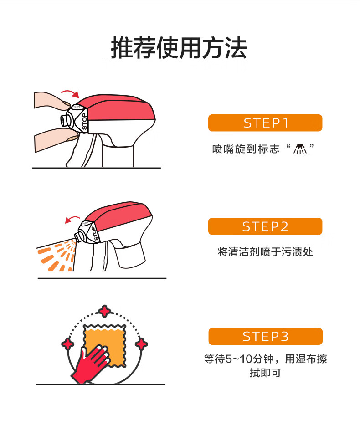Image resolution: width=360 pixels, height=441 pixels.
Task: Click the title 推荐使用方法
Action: [x=179, y=48]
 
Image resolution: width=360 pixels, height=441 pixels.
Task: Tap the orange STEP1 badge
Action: [x=265, y=123]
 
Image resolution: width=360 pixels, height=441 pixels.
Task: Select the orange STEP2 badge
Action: [x=265, y=226]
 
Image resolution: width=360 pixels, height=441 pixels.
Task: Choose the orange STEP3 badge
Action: [x=265, y=336]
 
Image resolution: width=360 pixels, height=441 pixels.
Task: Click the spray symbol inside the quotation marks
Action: [x=300, y=149]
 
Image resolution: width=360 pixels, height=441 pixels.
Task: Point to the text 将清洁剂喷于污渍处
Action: [x=265, y=252]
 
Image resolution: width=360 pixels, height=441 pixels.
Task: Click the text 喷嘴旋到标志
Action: [x=246, y=149]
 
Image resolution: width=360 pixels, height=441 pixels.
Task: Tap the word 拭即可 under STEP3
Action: [x=265, y=373]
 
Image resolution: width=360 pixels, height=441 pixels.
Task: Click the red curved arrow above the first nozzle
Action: [x=70, y=93]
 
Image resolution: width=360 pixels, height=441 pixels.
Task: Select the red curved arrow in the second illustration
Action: [x=72, y=219]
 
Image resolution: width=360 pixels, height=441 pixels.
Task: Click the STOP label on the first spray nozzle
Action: [x=84, y=122]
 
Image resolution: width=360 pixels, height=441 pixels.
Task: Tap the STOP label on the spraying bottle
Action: [x=95, y=234]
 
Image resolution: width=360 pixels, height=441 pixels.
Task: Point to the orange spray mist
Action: [x=56, y=256]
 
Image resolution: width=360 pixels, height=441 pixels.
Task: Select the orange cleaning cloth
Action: [x=105, y=345]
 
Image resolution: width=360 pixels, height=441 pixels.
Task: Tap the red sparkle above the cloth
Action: [x=105, y=312]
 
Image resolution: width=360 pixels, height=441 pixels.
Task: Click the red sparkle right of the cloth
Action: [x=141, y=344]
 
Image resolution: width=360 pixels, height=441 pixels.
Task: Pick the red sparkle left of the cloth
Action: [x=68, y=344]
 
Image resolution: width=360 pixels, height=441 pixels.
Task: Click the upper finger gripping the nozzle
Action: [x=52, y=101]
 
